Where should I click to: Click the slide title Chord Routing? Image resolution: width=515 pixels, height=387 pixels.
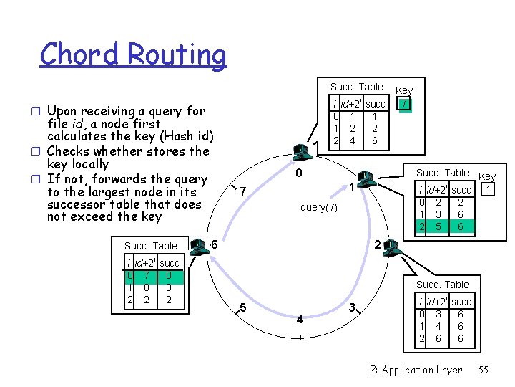coord(133,54)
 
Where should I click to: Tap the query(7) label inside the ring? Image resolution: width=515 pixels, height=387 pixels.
coord(318,207)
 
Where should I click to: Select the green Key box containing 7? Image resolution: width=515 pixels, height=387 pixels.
coord(405,104)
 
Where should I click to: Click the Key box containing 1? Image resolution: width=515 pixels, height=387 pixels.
coord(487,189)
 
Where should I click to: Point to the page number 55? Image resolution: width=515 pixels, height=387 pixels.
coord(484,370)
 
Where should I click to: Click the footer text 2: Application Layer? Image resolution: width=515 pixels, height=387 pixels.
coord(417,370)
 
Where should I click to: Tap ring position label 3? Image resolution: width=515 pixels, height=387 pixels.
coord(351,308)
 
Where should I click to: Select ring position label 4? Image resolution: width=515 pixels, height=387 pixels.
coord(300,319)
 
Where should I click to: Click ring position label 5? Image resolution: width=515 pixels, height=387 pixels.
coord(243,308)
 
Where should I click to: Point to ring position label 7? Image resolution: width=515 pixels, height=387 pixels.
coord(243,192)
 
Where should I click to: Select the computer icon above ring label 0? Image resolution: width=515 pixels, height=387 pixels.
coord(301,150)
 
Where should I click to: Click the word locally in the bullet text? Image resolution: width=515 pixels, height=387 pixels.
coord(87,164)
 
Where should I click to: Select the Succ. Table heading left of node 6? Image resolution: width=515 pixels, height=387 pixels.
coord(150,246)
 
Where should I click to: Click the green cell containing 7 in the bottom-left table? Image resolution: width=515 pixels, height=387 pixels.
coord(147,275)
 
